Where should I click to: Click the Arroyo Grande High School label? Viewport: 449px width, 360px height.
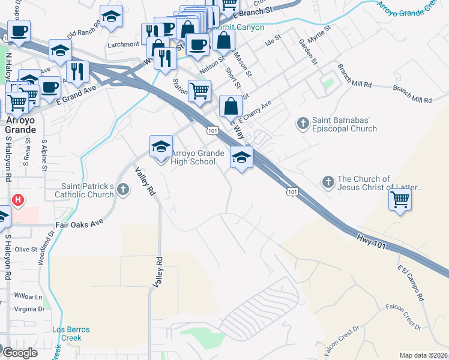[193, 158]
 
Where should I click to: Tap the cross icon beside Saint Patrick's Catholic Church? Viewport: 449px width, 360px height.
[123, 190]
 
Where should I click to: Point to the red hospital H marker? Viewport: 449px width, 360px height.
[19, 200]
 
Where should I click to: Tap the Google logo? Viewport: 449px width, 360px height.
[20, 353]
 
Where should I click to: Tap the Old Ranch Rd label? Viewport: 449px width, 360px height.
[80, 32]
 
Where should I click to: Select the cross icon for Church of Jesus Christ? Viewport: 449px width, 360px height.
[328, 182]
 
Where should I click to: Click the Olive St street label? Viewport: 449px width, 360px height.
[26, 249]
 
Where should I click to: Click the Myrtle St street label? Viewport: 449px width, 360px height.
[319, 35]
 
